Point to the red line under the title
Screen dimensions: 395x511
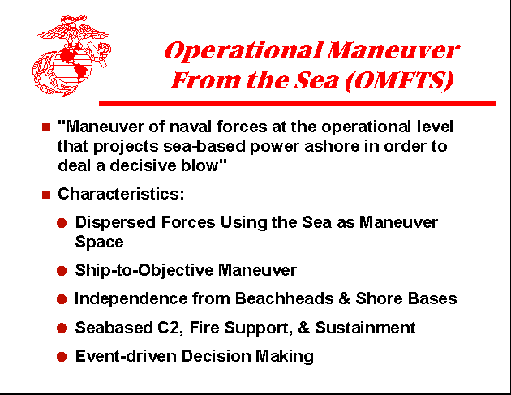click(x=296, y=104)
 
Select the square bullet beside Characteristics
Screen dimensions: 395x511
click(x=45, y=195)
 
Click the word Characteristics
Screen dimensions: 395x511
click(x=120, y=195)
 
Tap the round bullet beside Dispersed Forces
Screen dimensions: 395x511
click(x=62, y=223)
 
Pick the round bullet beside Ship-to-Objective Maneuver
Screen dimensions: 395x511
click(x=62, y=271)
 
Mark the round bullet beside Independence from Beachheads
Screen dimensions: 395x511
click(x=62, y=299)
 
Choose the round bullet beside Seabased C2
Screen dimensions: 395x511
click(x=62, y=328)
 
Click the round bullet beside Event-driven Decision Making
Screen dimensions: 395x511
click(x=62, y=356)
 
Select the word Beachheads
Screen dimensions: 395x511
click(x=280, y=298)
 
